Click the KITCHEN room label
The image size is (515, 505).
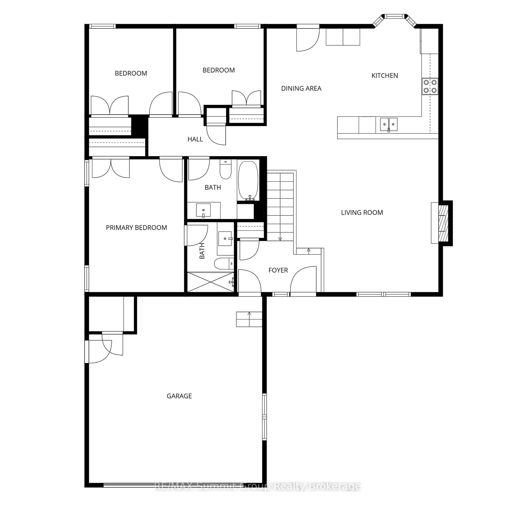point(385,76)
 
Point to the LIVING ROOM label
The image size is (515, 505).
point(362,212)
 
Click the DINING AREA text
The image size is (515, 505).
point(301,88)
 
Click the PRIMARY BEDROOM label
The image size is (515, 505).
point(136,228)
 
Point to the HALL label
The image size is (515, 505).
point(195,139)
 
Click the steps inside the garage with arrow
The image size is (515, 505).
point(249,319)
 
